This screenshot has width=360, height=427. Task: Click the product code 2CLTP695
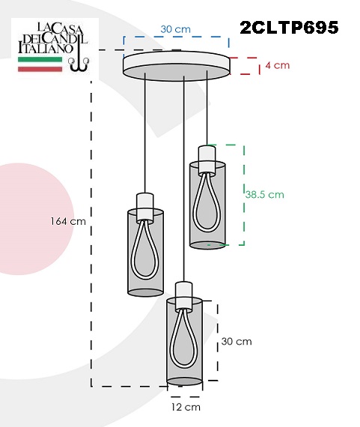[x=289, y=27]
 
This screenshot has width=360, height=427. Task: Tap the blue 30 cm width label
[x=176, y=29]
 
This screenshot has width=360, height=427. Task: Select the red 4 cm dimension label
[x=277, y=65]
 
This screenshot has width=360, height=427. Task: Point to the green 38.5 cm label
[x=264, y=195]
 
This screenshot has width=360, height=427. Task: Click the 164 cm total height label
[x=68, y=221]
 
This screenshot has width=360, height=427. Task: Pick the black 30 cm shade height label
[x=237, y=342]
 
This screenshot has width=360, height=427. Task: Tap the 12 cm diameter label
[x=186, y=407]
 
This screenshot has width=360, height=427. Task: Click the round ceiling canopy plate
[x=177, y=66]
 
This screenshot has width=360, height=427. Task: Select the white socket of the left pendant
[x=145, y=207]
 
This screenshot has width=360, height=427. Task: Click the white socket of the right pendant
[x=207, y=160]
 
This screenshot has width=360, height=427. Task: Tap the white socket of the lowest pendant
[x=184, y=296]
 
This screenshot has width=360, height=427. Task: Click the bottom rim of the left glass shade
[x=146, y=292]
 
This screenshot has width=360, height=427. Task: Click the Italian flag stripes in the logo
[x=40, y=64]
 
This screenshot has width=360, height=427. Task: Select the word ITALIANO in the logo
[x=46, y=48]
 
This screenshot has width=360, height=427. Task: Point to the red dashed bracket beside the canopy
[x=245, y=66]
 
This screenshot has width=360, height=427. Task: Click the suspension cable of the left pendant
[x=145, y=133]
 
